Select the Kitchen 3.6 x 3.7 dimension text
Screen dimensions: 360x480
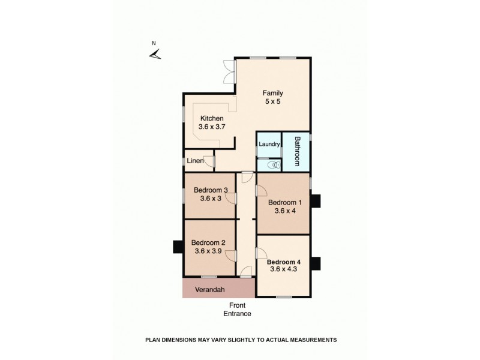[212, 127]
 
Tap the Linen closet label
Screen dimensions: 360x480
[194, 161]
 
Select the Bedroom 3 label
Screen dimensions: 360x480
[210, 191]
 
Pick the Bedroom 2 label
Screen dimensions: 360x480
[208, 243]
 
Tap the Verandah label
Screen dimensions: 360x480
[211, 289]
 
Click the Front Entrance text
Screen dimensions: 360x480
[237, 310]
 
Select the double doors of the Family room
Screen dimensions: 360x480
[227, 72]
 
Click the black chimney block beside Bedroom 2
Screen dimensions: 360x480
[178, 247]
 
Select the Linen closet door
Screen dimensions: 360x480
[209, 161]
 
